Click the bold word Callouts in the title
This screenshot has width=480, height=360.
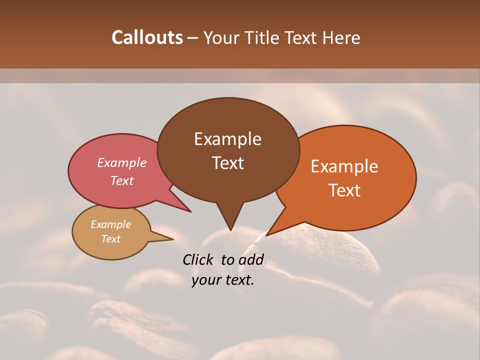point(147,37)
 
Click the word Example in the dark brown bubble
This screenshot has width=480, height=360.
point(227,139)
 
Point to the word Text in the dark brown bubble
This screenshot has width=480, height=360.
point(227,163)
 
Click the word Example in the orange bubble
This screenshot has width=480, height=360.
point(344,166)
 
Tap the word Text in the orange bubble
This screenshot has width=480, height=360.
point(344,190)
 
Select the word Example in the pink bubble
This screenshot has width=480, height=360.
point(121,162)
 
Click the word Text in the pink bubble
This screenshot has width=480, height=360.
point(121,180)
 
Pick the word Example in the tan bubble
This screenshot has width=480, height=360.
point(110,224)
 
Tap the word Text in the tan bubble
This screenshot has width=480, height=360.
point(110,239)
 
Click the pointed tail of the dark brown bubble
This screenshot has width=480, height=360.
point(230,225)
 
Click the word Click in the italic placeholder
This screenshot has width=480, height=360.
point(199,259)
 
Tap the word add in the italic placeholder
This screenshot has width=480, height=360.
point(250,259)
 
